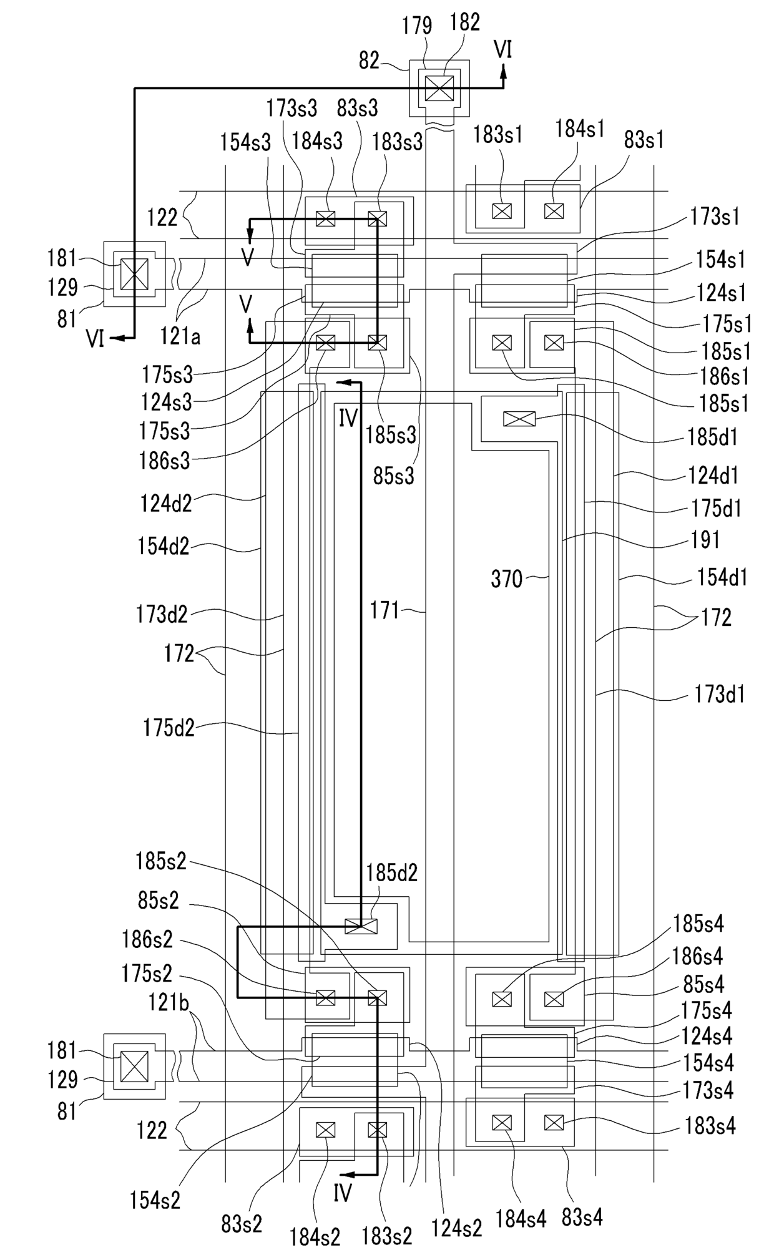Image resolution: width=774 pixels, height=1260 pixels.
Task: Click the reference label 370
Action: tap(506, 579)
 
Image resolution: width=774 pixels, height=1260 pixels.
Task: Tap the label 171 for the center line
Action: tap(384, 610)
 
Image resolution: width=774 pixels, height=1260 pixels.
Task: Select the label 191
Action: tap(706, 540)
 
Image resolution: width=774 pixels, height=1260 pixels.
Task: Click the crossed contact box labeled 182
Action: tap(440, 88)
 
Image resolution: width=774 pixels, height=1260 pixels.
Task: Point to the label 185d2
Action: tap(391, 872)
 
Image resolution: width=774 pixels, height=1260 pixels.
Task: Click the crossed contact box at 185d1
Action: tap(519, 419)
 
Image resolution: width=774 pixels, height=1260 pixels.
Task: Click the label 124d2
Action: tap(166, 502)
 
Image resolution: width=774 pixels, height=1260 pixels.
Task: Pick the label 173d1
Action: tap(720, 695)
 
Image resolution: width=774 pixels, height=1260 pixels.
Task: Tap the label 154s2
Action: tap(155, 1199)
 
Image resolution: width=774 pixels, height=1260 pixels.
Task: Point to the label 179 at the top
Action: tap(417, 26)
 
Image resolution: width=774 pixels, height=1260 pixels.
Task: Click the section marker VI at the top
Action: tap(503, 49)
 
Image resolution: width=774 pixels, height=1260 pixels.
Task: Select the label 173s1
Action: tap(715, 217)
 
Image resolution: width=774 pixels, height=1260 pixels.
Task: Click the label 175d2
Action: tap(169, 728)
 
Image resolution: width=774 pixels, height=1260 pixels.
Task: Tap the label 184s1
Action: tap(580, 129)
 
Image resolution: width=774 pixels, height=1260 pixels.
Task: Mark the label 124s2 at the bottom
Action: tap(457, 1228)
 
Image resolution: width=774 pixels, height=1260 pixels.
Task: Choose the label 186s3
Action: tap(165, 461)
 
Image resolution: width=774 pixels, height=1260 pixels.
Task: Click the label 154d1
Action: tap(722, 578)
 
